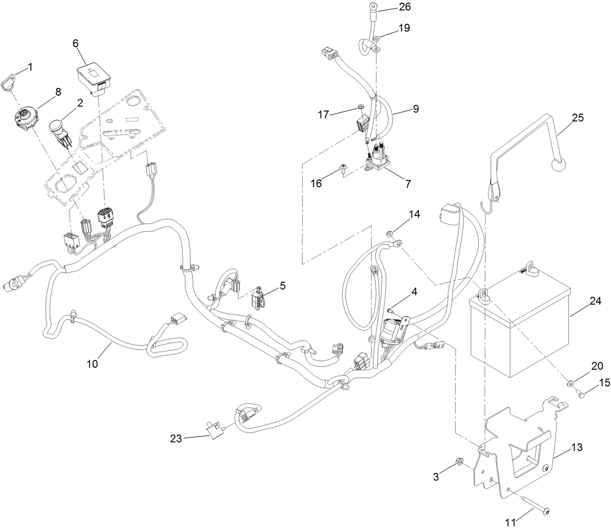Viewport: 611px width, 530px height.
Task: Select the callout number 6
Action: (75, 43)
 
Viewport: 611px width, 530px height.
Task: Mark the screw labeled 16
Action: (344, 168)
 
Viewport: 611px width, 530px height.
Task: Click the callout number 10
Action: (92, 363)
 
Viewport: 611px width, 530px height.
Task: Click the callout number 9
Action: (415, 109)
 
